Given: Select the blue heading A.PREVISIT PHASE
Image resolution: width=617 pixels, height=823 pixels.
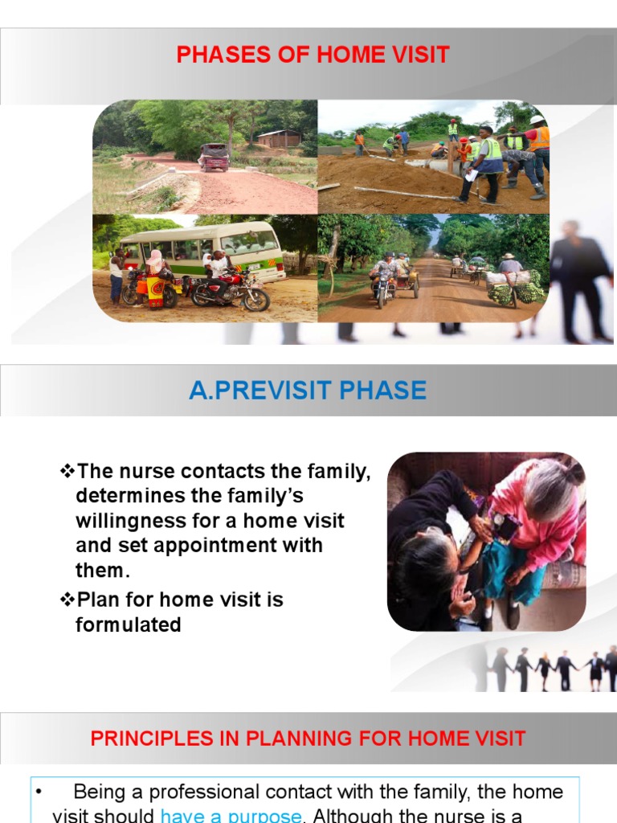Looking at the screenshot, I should coord(308,391).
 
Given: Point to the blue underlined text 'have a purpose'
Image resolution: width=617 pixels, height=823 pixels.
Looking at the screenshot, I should coord(231,815).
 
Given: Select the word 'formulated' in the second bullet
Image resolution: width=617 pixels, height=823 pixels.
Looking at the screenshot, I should coord(129,624).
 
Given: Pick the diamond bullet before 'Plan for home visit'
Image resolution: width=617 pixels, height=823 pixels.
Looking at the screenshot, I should coord(67,600).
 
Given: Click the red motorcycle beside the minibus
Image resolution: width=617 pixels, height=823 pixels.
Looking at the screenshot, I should coord(231,293).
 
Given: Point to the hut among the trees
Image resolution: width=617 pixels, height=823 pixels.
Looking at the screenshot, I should coord(279,139).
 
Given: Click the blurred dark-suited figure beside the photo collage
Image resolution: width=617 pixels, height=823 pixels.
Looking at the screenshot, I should coord(578,277).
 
